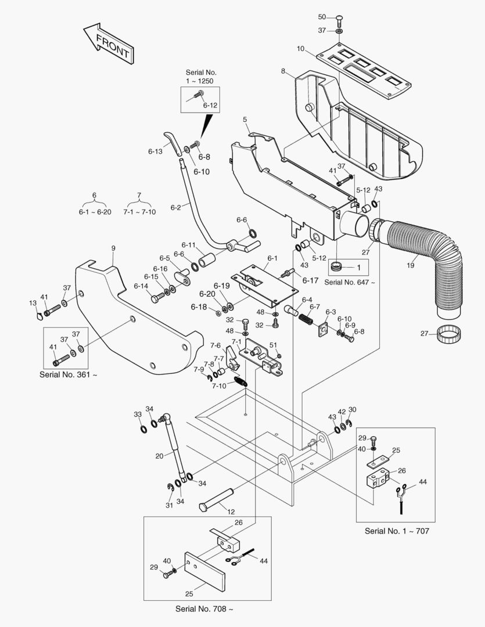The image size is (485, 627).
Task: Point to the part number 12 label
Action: click(x=231, y=511)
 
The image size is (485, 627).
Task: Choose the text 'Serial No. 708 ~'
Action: click(x=204, y=609)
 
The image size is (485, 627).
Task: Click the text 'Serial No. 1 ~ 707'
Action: click(x=397, y=531)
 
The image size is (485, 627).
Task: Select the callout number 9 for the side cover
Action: click(x=113, y=248)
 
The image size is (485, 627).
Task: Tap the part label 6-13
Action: click(x=155, y=152)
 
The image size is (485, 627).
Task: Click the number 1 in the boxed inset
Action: click(x=359, y=268)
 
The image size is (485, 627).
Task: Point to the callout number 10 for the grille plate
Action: click(x=300, y=49)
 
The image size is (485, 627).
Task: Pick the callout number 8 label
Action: click(x=283, y=71)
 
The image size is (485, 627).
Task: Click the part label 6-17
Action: click(x=310, y=280)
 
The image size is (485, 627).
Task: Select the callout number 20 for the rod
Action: click(x=159, y=456)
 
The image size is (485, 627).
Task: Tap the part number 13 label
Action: click(x=33, y=303)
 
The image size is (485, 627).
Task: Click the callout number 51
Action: click(x=273, y=345)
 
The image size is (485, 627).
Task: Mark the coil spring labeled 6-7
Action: click(x=306, y=318)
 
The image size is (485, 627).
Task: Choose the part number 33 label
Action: click(x=138, y=414)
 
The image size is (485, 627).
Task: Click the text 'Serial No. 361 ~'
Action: click(x=69, y=374)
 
